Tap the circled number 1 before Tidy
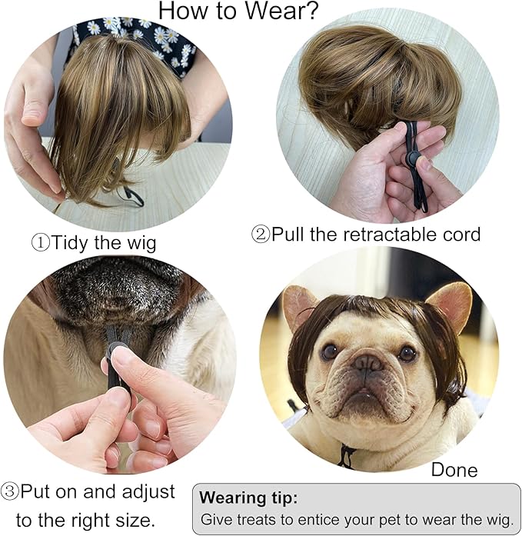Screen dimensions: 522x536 point(40,243)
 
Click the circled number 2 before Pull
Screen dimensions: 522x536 point(261,235)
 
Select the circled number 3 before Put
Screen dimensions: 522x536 point(9,492)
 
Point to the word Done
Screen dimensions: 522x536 point(454,470)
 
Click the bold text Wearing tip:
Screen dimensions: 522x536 point(248,498)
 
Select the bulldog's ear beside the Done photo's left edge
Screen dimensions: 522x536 point(298,306)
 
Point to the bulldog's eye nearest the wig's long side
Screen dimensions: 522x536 point(407,354)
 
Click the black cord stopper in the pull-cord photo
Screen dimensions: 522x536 point(413,158)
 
